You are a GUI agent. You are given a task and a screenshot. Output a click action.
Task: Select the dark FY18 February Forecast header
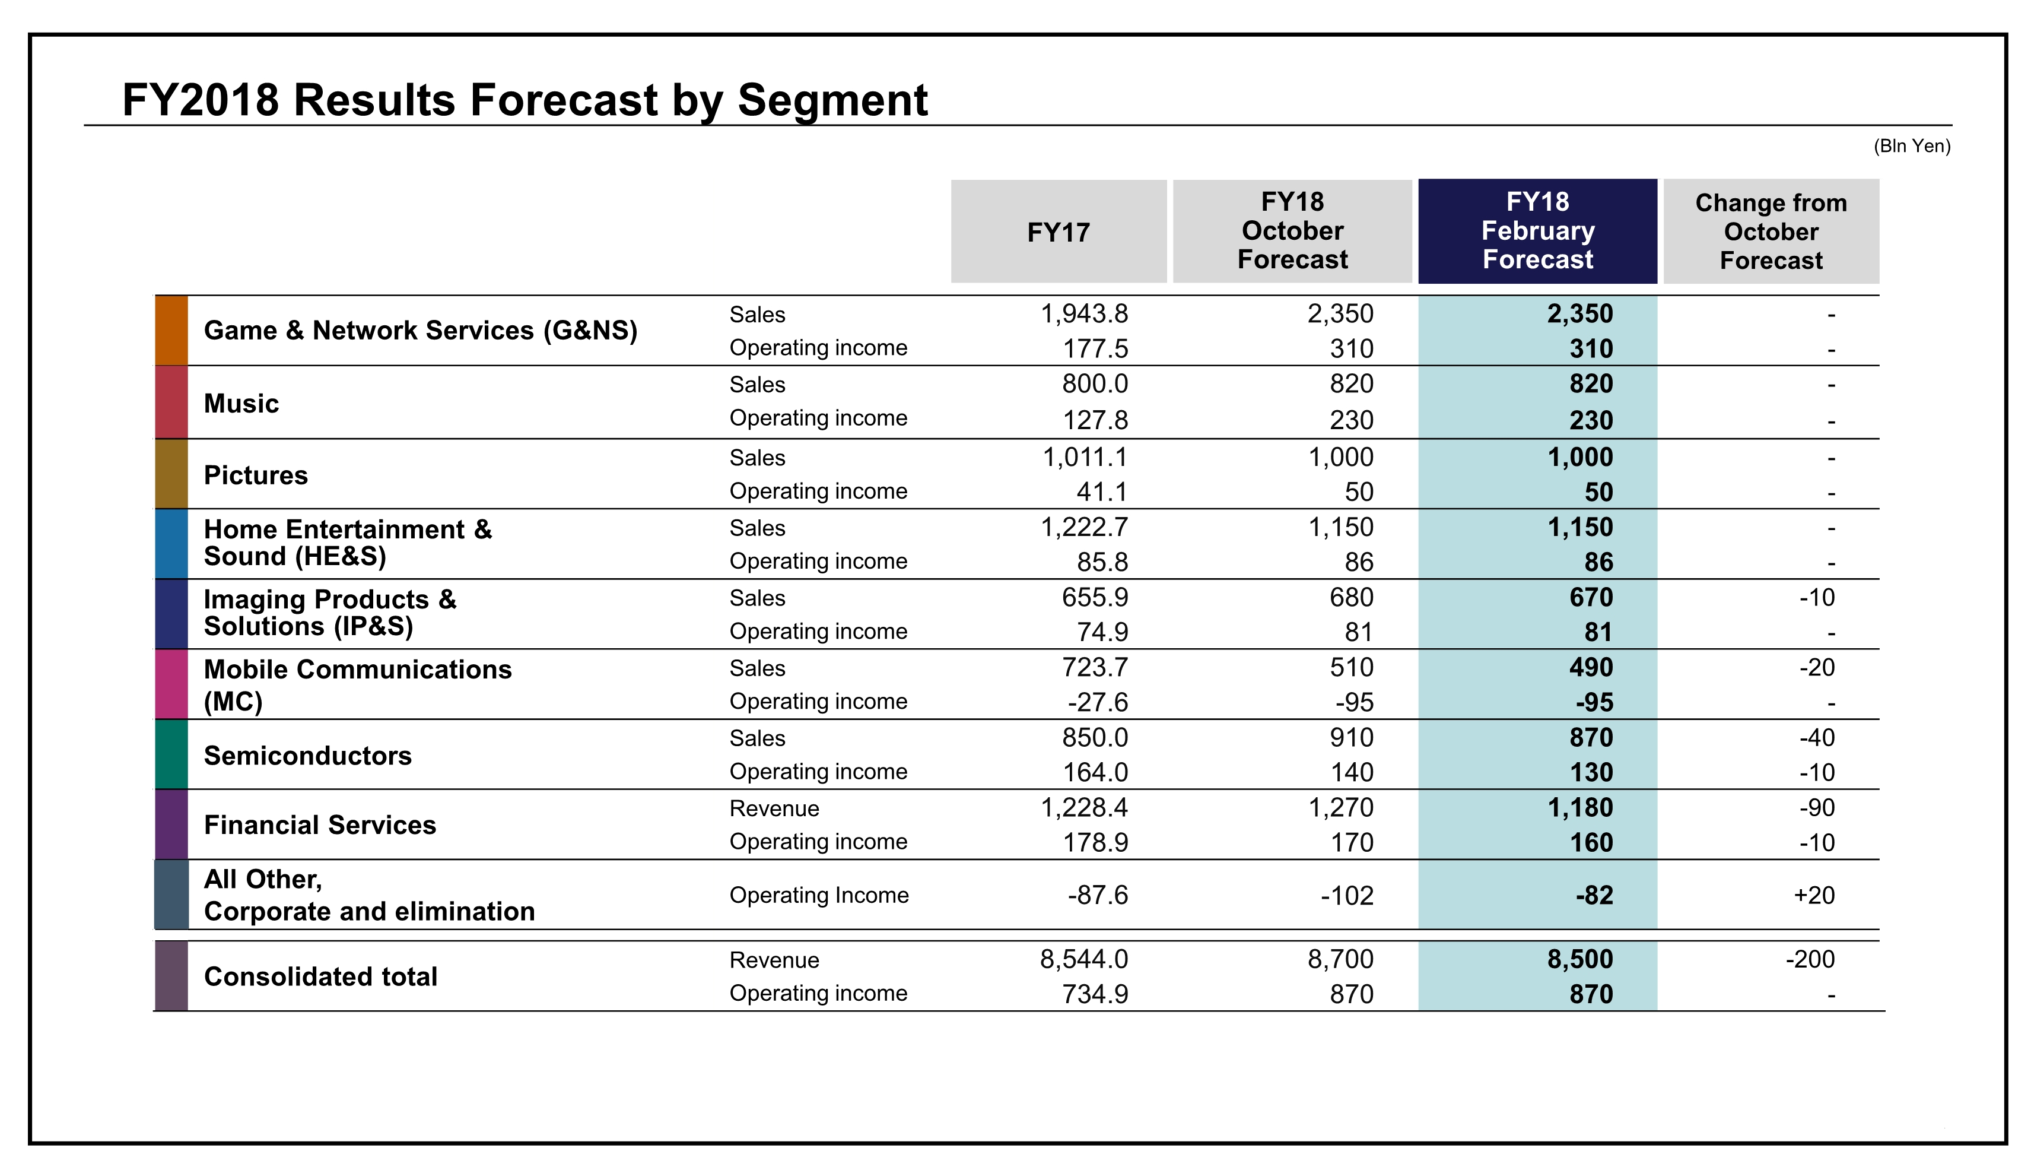(x=1537, y=231)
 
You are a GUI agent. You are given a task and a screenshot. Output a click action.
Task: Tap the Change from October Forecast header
(x=1771, y=232)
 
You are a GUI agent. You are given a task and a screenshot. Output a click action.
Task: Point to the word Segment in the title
(x=832, y=101)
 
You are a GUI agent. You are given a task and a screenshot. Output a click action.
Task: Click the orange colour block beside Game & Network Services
(x=171, y=330)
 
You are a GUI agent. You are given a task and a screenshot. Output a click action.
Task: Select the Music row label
(x=241, y=403)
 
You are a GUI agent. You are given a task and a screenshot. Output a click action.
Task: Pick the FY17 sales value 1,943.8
(x=1083, y=313)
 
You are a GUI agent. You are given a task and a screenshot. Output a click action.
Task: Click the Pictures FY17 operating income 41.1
(x=1102, y=491)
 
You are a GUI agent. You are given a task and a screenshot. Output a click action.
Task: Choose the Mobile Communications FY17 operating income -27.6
(x=1097, y=702)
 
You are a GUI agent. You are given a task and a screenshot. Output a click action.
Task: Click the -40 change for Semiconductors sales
(x=1816, y=737)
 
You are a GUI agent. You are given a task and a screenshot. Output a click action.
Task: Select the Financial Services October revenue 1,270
(x=1340, y=807)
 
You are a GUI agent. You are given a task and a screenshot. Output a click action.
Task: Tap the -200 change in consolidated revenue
(x=1809, y=959)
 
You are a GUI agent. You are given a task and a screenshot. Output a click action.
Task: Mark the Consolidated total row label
(x=320, y=976)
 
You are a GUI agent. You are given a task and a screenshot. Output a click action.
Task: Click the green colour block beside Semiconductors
(x=171, y=754)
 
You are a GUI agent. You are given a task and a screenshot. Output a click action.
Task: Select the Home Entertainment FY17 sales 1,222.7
(x=1083, y=527)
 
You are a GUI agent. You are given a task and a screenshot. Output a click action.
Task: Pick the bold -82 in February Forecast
(x=1594, y=895)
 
